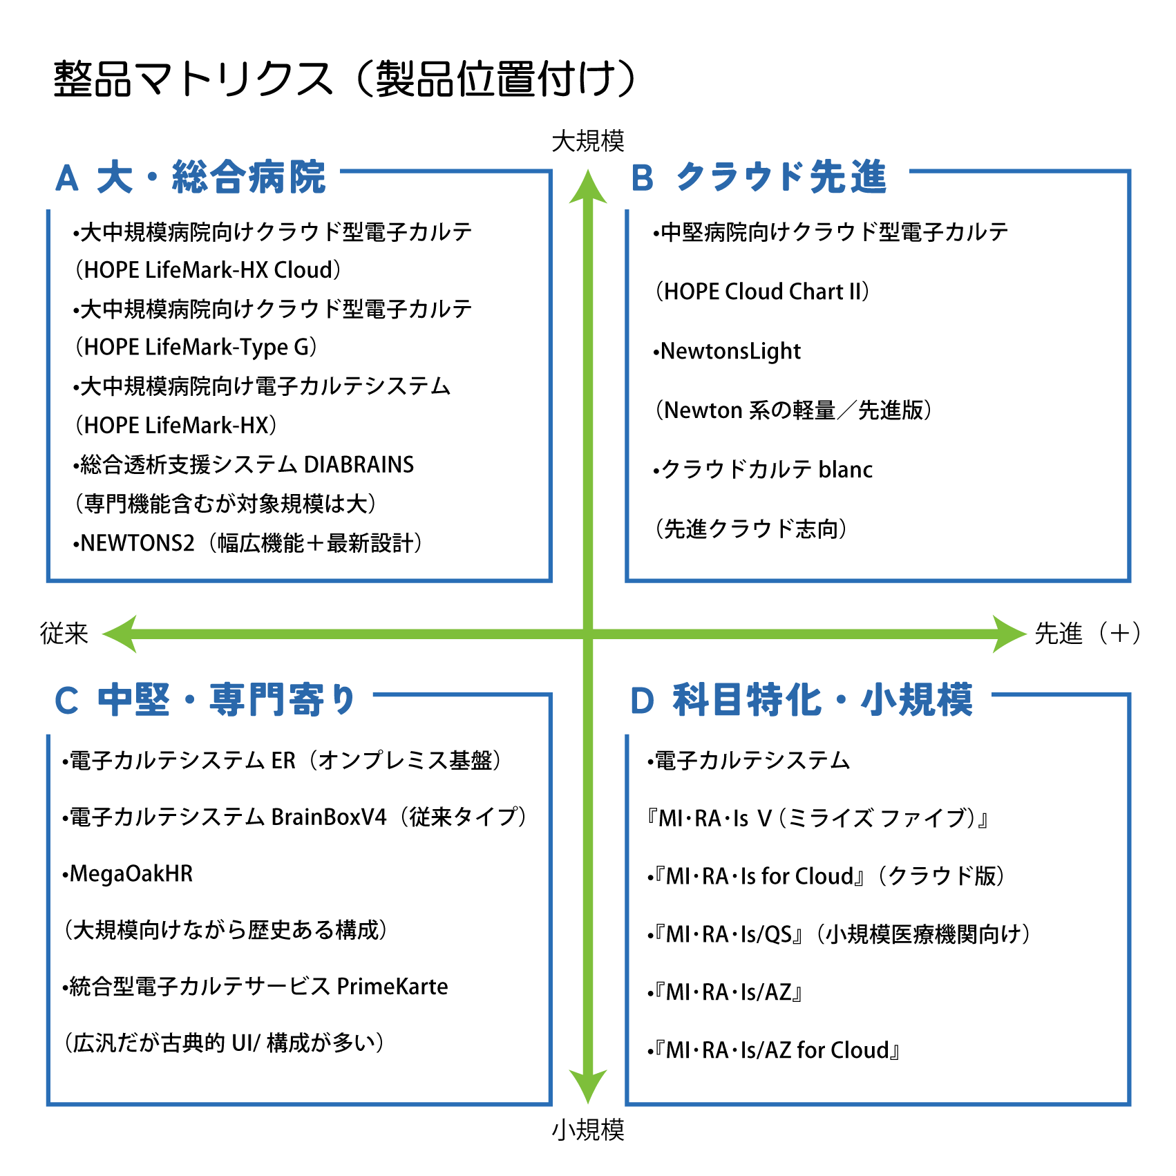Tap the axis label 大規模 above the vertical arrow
pos(587,141)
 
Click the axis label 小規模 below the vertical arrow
pos(587,1130)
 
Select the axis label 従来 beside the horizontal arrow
pos(64,633)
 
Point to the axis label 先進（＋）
pos(1087,633)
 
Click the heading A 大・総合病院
pos(190,178)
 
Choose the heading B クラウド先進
pos(758,178)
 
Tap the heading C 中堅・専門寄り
pos(205,700)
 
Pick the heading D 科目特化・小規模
pos(802,700)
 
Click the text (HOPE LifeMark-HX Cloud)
pos(207,270)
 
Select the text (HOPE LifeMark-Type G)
pos(196,347)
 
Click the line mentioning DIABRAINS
pos(243,464)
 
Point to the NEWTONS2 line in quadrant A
pos(247,543)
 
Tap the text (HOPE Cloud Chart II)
pos(762,292)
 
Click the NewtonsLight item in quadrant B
pos(727,351)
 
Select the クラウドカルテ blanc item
pos(763,470)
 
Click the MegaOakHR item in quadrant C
pos(128,873)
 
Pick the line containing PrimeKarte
pos(255,986)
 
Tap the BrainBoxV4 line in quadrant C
pos(294,817)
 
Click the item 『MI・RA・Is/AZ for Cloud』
pos(775,1050)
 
